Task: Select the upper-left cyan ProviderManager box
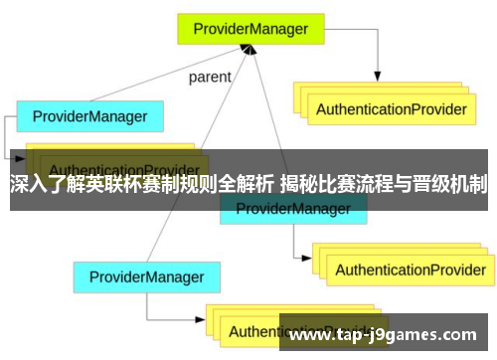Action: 89,116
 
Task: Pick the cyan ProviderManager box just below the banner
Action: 292,209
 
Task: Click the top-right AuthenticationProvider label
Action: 389,109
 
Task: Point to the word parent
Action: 209,76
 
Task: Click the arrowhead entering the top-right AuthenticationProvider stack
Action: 379,75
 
